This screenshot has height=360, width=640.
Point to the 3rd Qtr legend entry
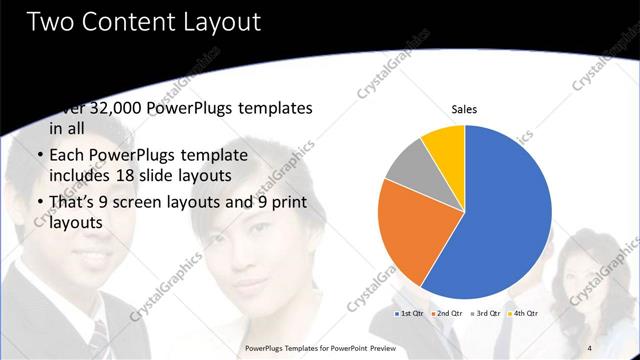pyautogui.click(x=485, y=313)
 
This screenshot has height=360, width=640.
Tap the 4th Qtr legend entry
pyautogui.click(x=523, y=313)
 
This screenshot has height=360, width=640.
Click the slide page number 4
pyautogui.click(x=589, y=347)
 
